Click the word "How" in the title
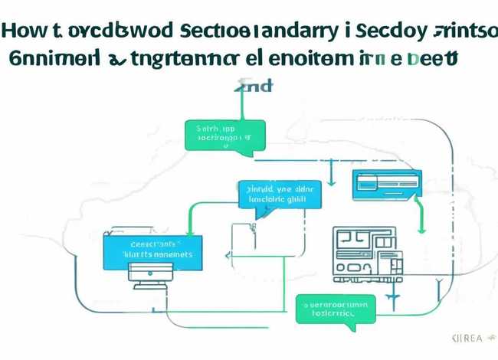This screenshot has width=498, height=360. pos(21,32)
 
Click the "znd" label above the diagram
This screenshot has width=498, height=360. pos(255,86)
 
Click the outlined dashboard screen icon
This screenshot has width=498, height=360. pos(367,251)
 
